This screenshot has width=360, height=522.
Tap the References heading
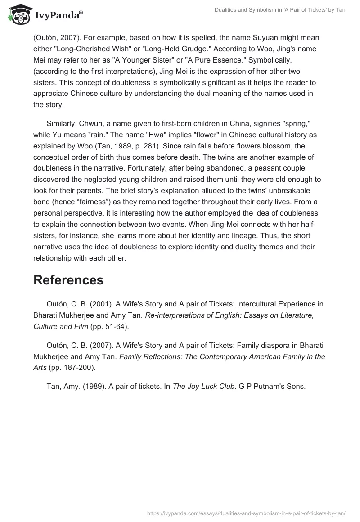point(68,280)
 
